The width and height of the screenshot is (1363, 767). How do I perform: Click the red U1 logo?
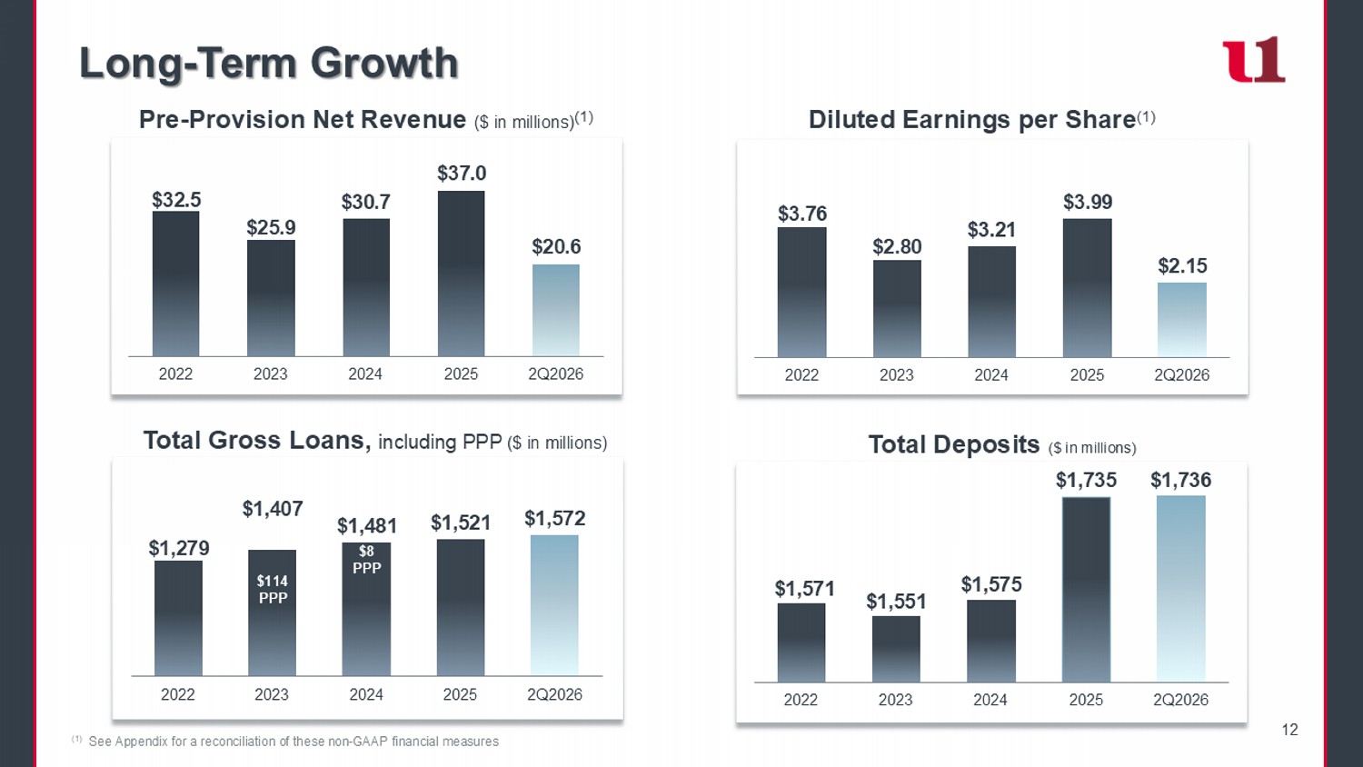[1254, 59]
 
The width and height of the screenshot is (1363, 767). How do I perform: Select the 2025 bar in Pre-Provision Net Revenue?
[462, 274]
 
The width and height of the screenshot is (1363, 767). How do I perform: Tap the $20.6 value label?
[556, 246]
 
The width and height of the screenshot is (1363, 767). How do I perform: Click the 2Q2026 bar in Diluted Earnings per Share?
[1181, 320]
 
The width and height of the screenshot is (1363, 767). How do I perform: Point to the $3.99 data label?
[1088, 202]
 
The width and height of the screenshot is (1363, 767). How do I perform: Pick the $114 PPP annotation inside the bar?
[273, 589]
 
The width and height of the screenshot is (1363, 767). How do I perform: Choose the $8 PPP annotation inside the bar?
[366, 560]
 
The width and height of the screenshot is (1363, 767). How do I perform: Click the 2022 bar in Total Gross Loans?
[178, 618]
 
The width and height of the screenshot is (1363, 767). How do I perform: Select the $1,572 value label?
[555, 518]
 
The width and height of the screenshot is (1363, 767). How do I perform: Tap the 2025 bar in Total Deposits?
[1086, 589]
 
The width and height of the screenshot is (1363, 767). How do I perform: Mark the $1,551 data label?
[896, 602]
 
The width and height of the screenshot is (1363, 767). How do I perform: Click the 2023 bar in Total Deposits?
[896, 649]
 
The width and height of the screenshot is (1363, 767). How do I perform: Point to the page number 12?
[1289, 729]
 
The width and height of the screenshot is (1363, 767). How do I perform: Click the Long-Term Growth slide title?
[268, 63]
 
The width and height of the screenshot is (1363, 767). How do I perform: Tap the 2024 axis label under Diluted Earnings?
[991, 375]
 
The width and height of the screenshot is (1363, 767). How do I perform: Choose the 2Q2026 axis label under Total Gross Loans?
[554, 694]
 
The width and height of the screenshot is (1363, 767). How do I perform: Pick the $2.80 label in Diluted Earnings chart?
[897, 246]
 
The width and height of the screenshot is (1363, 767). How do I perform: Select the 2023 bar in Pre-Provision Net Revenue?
[271, 298]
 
